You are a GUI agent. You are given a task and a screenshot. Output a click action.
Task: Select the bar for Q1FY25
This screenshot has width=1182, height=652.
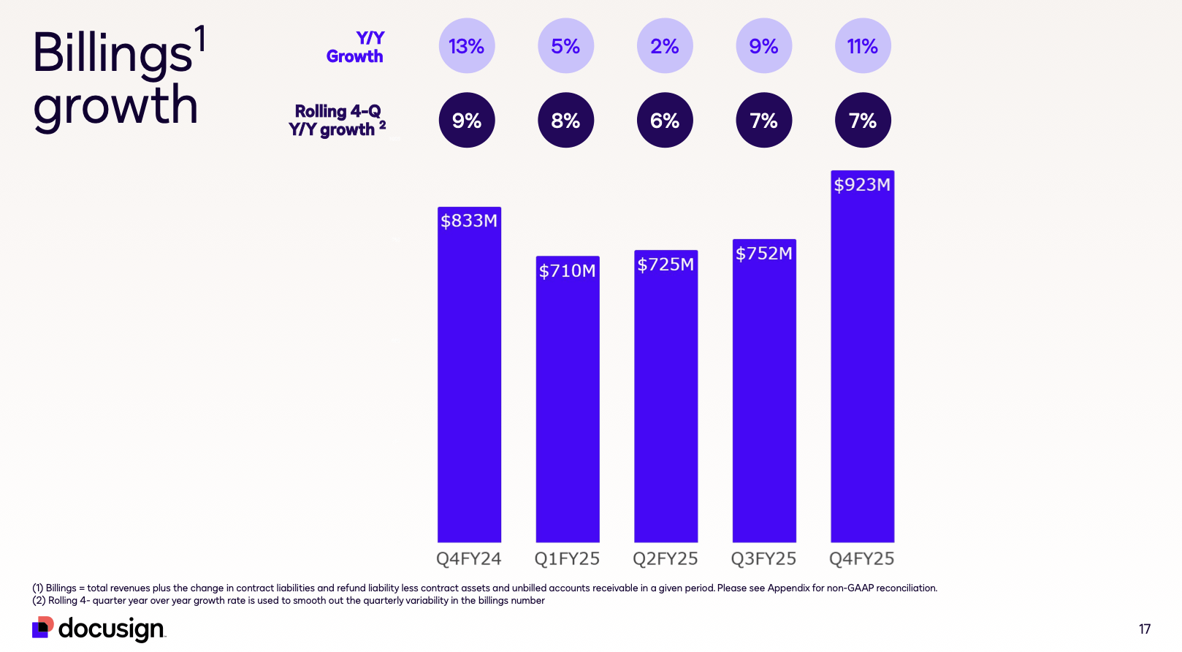(x=568, y=402)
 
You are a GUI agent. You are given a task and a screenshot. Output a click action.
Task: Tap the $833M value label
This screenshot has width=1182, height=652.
(x=469, y=221)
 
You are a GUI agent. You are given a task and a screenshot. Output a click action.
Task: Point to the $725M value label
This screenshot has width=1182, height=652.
(x=666, y=265)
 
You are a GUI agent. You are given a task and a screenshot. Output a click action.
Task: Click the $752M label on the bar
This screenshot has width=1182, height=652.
(x=764, y=254)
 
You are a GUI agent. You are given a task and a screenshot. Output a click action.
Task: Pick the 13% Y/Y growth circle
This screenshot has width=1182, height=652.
(x=467, y=46)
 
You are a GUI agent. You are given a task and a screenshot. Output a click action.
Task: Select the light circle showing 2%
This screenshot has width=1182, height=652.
(x=665, y=46)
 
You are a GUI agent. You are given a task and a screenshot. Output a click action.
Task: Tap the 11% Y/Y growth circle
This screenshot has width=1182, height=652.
(x=863, y=46)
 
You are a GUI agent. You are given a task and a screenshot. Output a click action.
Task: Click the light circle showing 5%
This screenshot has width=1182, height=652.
(x=565, y=46)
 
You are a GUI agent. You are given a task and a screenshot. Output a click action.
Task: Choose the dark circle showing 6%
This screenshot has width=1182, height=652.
(x=665, y=120)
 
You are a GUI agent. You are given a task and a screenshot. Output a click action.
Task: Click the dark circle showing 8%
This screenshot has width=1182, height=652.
(x=565, y=120)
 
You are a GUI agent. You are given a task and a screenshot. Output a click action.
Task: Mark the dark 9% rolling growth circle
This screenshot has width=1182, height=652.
(x=467, y=120)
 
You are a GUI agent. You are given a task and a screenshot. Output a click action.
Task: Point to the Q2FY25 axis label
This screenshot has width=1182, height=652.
(x=666, y=559)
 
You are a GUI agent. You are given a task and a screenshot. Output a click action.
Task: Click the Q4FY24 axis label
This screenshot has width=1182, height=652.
(x=469, y=559)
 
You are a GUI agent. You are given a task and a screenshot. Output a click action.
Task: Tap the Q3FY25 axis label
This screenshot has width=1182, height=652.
(x=764, y=559)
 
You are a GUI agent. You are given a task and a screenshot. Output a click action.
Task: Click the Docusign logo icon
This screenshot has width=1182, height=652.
(x=43, y=627)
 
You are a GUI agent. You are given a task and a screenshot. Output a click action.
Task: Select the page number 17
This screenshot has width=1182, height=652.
(x=1145, y=629)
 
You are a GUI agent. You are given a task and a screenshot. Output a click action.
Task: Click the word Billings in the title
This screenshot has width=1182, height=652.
(x=113, y=53)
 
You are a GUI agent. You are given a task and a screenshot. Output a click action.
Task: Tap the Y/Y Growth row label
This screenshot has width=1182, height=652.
(x=356, y=48)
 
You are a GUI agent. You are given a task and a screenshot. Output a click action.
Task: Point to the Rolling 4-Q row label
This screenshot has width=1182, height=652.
(x=337, y=121)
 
